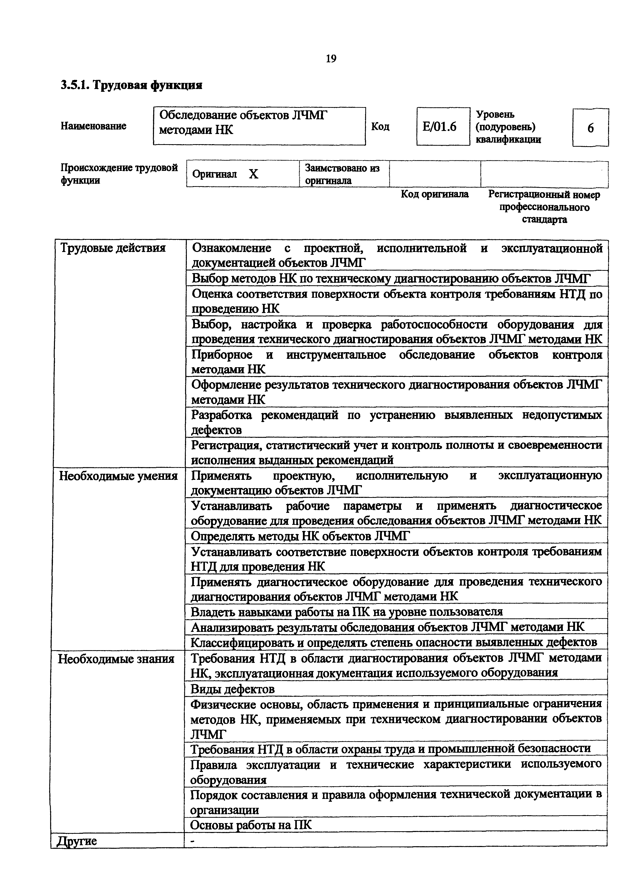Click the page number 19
pos(331,59)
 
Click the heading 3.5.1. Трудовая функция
pos(131,85)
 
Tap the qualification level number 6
pos(590,128)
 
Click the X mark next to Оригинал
pos(254,174)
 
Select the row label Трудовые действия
pos(113,248)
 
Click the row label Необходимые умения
pos(118,476)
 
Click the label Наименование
pos(93,126)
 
